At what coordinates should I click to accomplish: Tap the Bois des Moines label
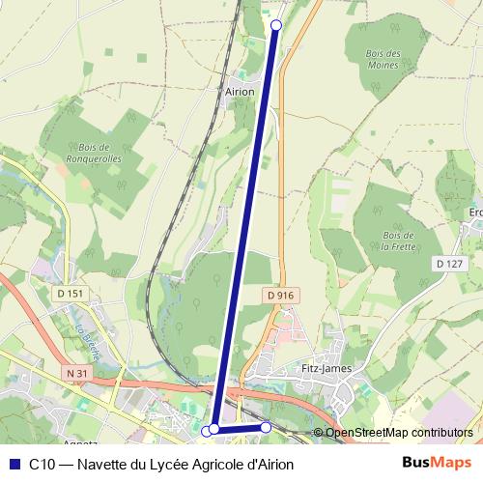pos(384,59)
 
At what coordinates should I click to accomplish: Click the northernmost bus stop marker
pos(276,25)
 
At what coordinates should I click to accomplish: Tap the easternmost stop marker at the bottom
pos(266,427)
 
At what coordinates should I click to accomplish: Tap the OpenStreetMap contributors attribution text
pos(397,433)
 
